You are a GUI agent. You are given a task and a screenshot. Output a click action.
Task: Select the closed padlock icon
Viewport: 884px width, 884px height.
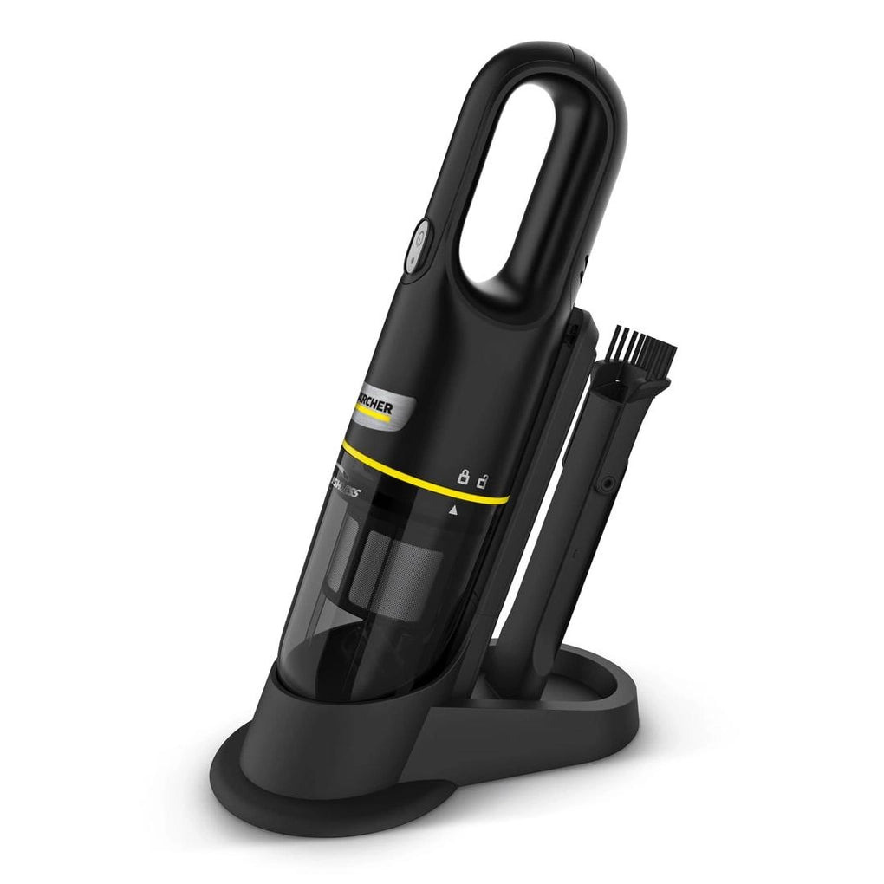(464, 475)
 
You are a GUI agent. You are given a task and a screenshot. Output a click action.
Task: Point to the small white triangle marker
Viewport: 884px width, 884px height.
(452, 511)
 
